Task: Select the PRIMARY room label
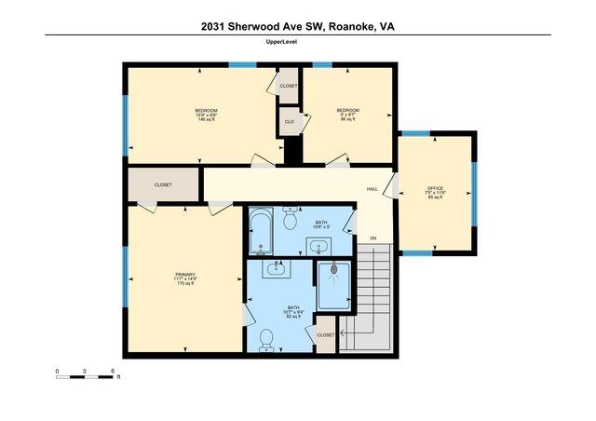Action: click(x=186, y=274)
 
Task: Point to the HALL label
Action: click(x=372, y=189)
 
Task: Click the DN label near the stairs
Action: click(x=372, y=238)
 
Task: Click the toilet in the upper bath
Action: click(x=290, y=221)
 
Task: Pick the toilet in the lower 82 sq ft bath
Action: click(x=266, y=340)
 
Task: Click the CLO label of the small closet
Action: click(x=289, y=120)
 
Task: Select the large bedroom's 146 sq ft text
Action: click(x=207, y=120)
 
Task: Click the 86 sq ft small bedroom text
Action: click(x=347, y=120)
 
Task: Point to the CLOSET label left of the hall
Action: click(x=163, y=184)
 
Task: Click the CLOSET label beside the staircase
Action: click(x=326, y=335)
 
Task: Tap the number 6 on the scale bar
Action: click(x=113, y=371)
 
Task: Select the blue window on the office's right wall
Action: click(x=474, y=193)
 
